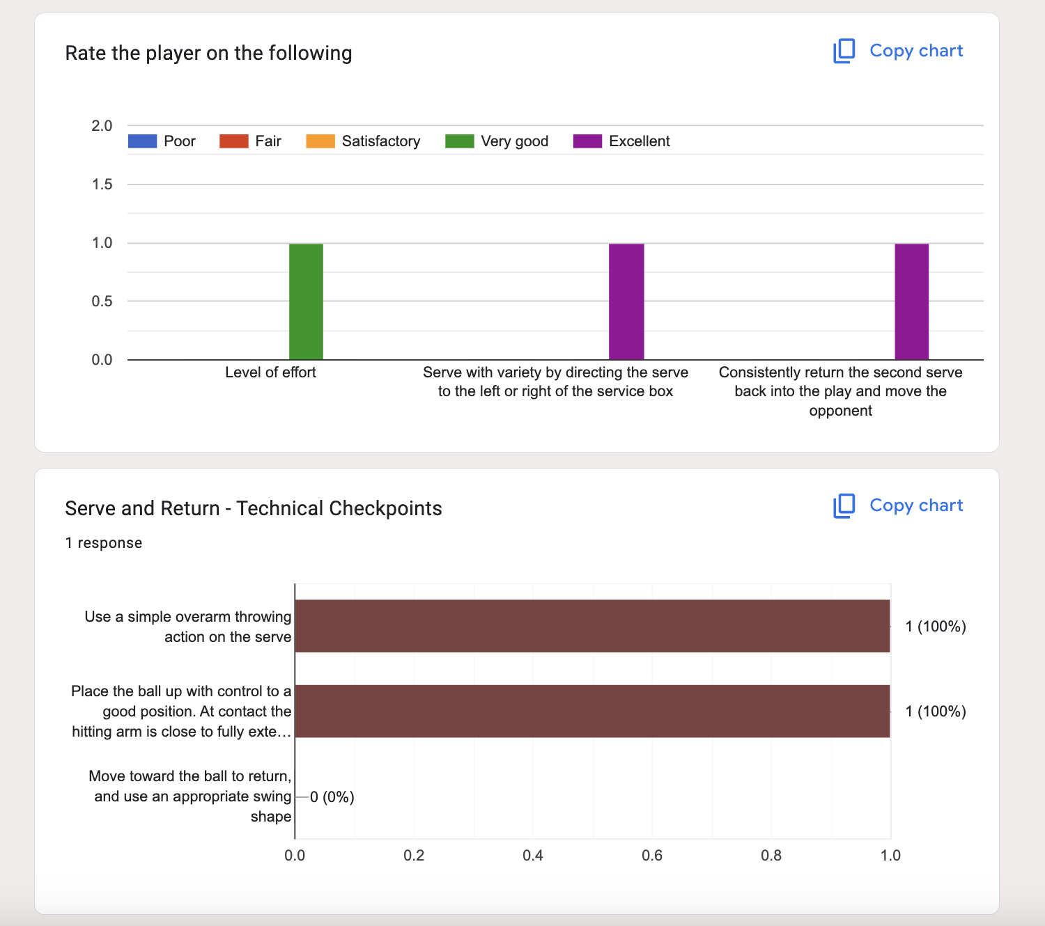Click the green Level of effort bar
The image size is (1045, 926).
click(306, 301)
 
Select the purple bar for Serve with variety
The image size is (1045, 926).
click(626, 301)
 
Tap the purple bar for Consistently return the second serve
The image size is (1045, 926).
click(911, 301)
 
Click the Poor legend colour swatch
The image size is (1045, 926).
click(143, 141)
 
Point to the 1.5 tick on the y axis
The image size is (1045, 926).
click(102, 185)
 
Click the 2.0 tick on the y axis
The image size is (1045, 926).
click(102, 126)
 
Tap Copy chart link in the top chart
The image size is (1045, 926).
click(915, 51)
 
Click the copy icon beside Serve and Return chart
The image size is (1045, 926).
click(844, 506)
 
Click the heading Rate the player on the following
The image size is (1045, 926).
click(208, 54)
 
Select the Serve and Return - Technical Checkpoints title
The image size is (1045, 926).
click(253, 508)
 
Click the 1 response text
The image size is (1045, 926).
click(103, 543)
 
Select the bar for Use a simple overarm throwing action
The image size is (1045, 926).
click(592, 626)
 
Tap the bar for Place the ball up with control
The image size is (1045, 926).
click(592, 711)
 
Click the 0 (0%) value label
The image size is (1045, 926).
click(332, 797)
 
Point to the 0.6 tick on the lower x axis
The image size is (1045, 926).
click(652, 855)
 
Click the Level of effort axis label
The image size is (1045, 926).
click(270, 372)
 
